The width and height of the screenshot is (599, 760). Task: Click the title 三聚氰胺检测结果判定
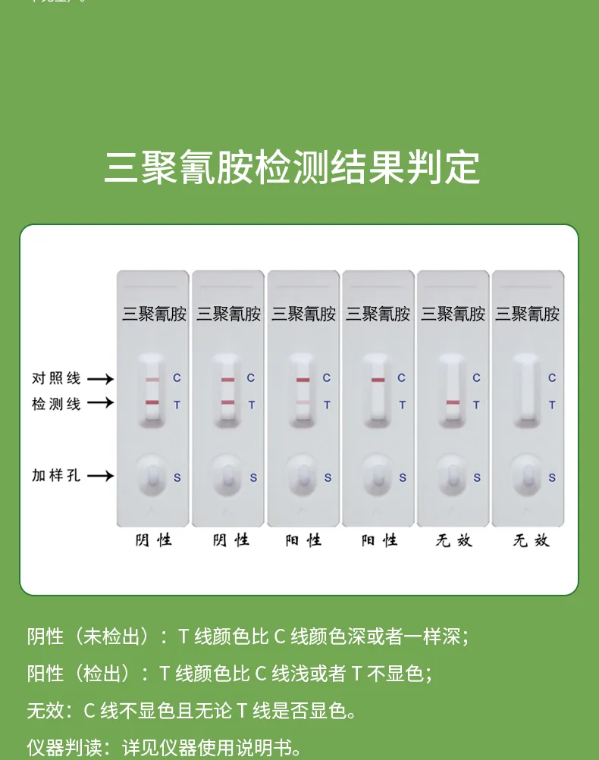point(292,167)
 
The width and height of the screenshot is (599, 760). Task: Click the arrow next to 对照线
point(100,378)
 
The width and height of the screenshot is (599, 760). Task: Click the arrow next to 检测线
point(100,403)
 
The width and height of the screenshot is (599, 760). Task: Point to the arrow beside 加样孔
point(100,476)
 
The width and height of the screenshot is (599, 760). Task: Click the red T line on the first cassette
point(152,402)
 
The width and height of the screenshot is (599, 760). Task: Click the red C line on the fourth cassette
point(378,379)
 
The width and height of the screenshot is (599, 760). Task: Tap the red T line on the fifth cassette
point(453,402)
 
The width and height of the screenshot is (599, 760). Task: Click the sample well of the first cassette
point(152,476)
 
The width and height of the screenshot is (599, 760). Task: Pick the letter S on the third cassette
point(328,478)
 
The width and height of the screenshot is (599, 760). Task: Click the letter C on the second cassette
point(251,378)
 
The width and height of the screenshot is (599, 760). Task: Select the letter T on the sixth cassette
point(552,405)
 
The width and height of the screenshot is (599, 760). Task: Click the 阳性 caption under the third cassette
point(303,540)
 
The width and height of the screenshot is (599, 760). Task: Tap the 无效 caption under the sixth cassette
point(531,540)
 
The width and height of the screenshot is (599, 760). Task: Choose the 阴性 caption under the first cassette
point(154,540)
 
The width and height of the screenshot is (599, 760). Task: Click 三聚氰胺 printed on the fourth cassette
point(378,314)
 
